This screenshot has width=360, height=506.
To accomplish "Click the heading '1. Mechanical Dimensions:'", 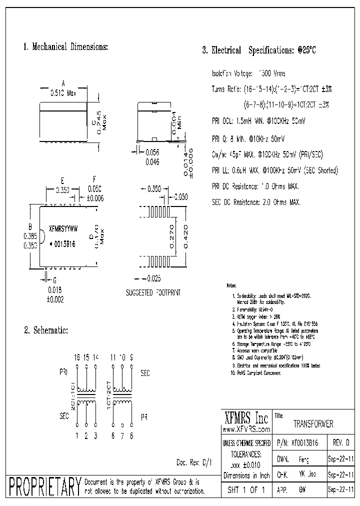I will point(65,47).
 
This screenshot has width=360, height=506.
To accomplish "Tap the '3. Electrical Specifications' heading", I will point(259,50).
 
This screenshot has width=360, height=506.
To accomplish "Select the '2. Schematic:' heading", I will point(46,330).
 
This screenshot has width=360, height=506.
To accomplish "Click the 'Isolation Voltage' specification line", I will point(248,73).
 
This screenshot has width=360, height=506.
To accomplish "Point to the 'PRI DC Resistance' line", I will point(255,186).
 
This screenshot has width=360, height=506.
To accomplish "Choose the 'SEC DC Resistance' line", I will point(256,202).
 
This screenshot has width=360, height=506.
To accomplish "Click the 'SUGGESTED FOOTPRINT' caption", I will point(153,292).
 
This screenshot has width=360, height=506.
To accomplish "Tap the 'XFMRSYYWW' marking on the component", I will point(63,227).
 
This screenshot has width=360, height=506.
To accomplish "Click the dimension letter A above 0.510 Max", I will point(63,83).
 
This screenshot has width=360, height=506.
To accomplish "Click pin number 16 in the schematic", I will point(77,358).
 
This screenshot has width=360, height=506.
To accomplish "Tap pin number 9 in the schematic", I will point(131,358).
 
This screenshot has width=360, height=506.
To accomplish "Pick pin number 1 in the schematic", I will point(77,435).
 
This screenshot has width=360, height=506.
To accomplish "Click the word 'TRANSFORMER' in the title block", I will point(312,424).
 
